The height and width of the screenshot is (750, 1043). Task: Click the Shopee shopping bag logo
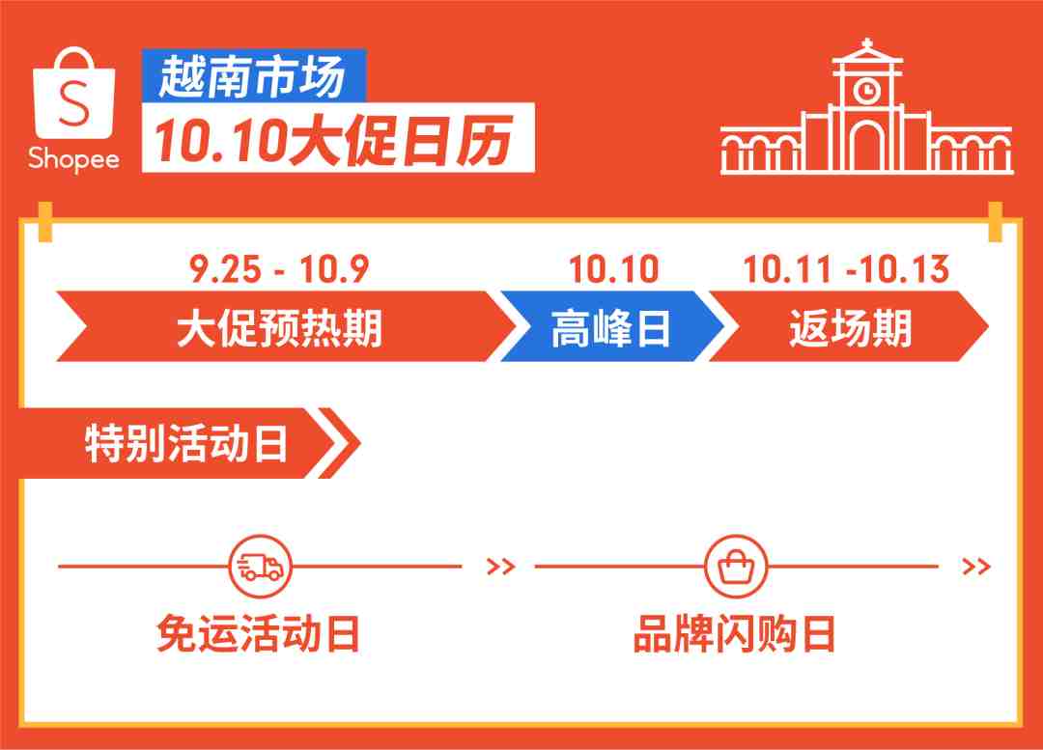(x=73, y=93)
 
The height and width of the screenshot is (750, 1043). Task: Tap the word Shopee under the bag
(x=73, y=159)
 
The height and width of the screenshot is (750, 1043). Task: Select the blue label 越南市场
(x=253, y=76)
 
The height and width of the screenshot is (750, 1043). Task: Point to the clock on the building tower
(x=866, y=89)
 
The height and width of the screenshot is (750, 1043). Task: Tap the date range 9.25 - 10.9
(x=279, y=269)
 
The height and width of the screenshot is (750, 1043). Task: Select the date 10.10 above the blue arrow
(x=613, y=269)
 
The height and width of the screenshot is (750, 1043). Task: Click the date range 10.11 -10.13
(x=846, y=269)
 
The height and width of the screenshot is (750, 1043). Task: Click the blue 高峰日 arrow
(x=610, y=326)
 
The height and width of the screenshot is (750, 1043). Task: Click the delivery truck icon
(x=260, y=567)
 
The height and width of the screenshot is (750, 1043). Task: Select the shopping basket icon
(x=736, y=567)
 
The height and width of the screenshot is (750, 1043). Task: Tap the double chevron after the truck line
(x=501, y=567)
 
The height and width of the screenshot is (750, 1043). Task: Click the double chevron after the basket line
(x=976, y=567)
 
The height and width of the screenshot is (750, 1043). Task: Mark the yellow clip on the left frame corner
(x=45, y=222)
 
